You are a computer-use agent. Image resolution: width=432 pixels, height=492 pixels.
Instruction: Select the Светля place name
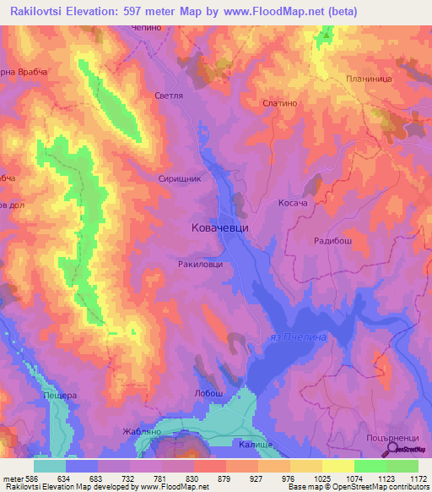tap(169, 96)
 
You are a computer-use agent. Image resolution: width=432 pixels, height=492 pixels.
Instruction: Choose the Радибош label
tap(331, 239)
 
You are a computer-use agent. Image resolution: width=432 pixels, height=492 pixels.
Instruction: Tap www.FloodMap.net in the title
tap(259, 12)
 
